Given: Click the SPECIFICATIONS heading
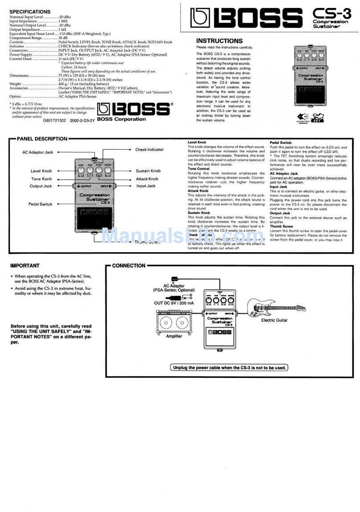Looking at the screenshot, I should [30, 11].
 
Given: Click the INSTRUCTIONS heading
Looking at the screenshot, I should [219, 41].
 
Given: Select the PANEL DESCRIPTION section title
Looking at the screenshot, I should [42, 139].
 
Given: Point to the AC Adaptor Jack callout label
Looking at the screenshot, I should [38, 152].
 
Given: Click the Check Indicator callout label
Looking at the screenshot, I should [149, 150].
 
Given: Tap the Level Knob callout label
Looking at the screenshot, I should [41, 171].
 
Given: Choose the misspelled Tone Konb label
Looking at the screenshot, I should [41, 179].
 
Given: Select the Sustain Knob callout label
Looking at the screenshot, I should [148, 171].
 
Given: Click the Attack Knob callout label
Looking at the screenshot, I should [147, 179].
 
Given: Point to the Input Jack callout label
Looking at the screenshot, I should [146, 186].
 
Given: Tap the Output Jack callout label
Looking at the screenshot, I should [41, 186].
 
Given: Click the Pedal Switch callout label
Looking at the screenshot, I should [40, 204].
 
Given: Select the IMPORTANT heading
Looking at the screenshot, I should [25, 266].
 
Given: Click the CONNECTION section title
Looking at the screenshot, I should [129, 266].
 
